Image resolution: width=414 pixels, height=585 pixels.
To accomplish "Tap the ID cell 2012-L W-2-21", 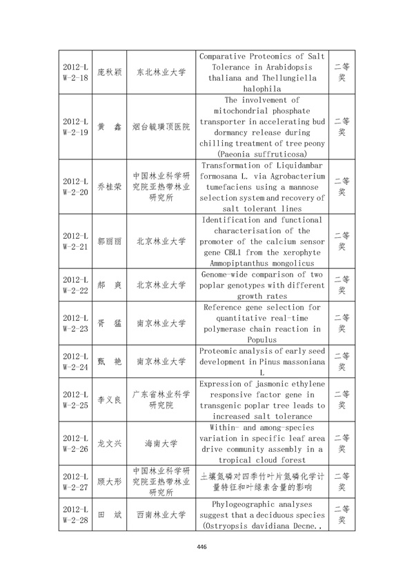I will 75,241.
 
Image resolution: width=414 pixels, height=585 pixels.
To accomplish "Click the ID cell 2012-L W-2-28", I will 75,515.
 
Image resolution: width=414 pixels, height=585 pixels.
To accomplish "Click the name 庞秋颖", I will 109,72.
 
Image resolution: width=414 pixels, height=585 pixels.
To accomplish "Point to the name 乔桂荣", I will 109,186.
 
